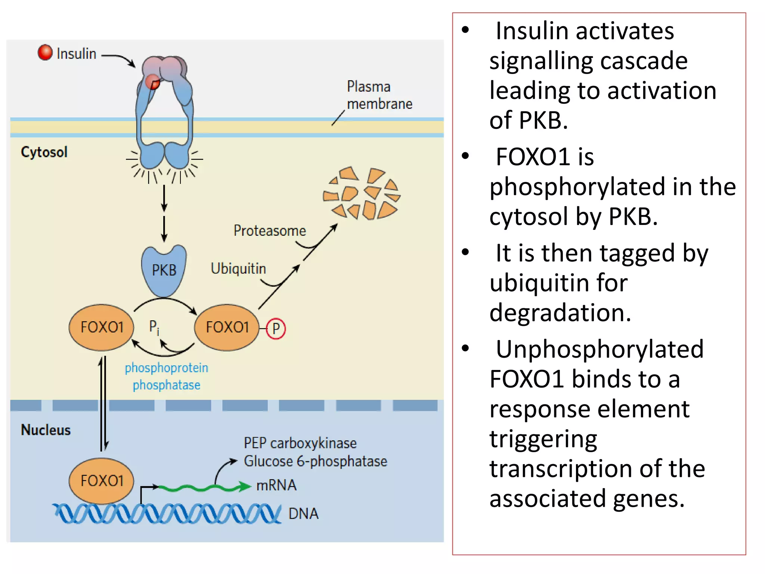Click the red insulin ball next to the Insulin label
click(45, 52)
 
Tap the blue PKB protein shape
click(164, 270)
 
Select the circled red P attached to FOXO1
click(276, 328)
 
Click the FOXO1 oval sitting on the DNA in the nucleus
click(102, 481)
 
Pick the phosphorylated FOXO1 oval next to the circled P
click(227, 327)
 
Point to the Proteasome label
click(270, 231)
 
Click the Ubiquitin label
click(238, 269)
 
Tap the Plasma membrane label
click(379, 95)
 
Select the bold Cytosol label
click(44, 152)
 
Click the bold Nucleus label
click(46, 430)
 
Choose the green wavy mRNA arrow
click(204, 487)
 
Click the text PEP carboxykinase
click(300, 443)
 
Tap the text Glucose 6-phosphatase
click(315, 461)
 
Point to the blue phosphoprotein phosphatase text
click(167, 376)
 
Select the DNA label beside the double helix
click(303, 514)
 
